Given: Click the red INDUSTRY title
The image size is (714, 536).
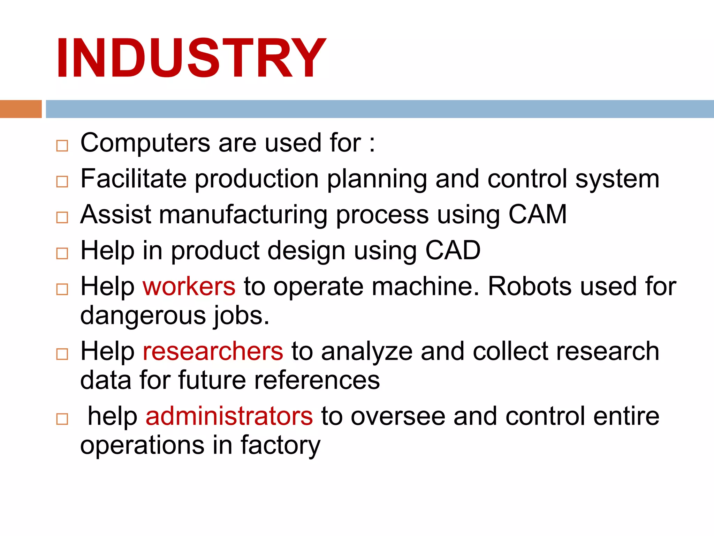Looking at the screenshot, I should (191, 58).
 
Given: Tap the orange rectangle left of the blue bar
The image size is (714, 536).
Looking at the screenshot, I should (21, 109).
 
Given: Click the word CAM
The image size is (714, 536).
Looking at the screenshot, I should (537, 214).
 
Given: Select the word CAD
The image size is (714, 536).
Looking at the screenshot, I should (453, 250).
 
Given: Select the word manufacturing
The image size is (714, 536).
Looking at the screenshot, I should (243, 214).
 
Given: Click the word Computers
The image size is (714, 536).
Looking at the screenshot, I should (145, 143).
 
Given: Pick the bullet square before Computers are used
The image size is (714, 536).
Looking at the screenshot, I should (62, 146).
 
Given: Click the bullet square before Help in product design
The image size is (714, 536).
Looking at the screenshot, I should (62, 253).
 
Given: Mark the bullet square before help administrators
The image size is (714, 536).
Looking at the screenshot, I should (62, 419).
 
